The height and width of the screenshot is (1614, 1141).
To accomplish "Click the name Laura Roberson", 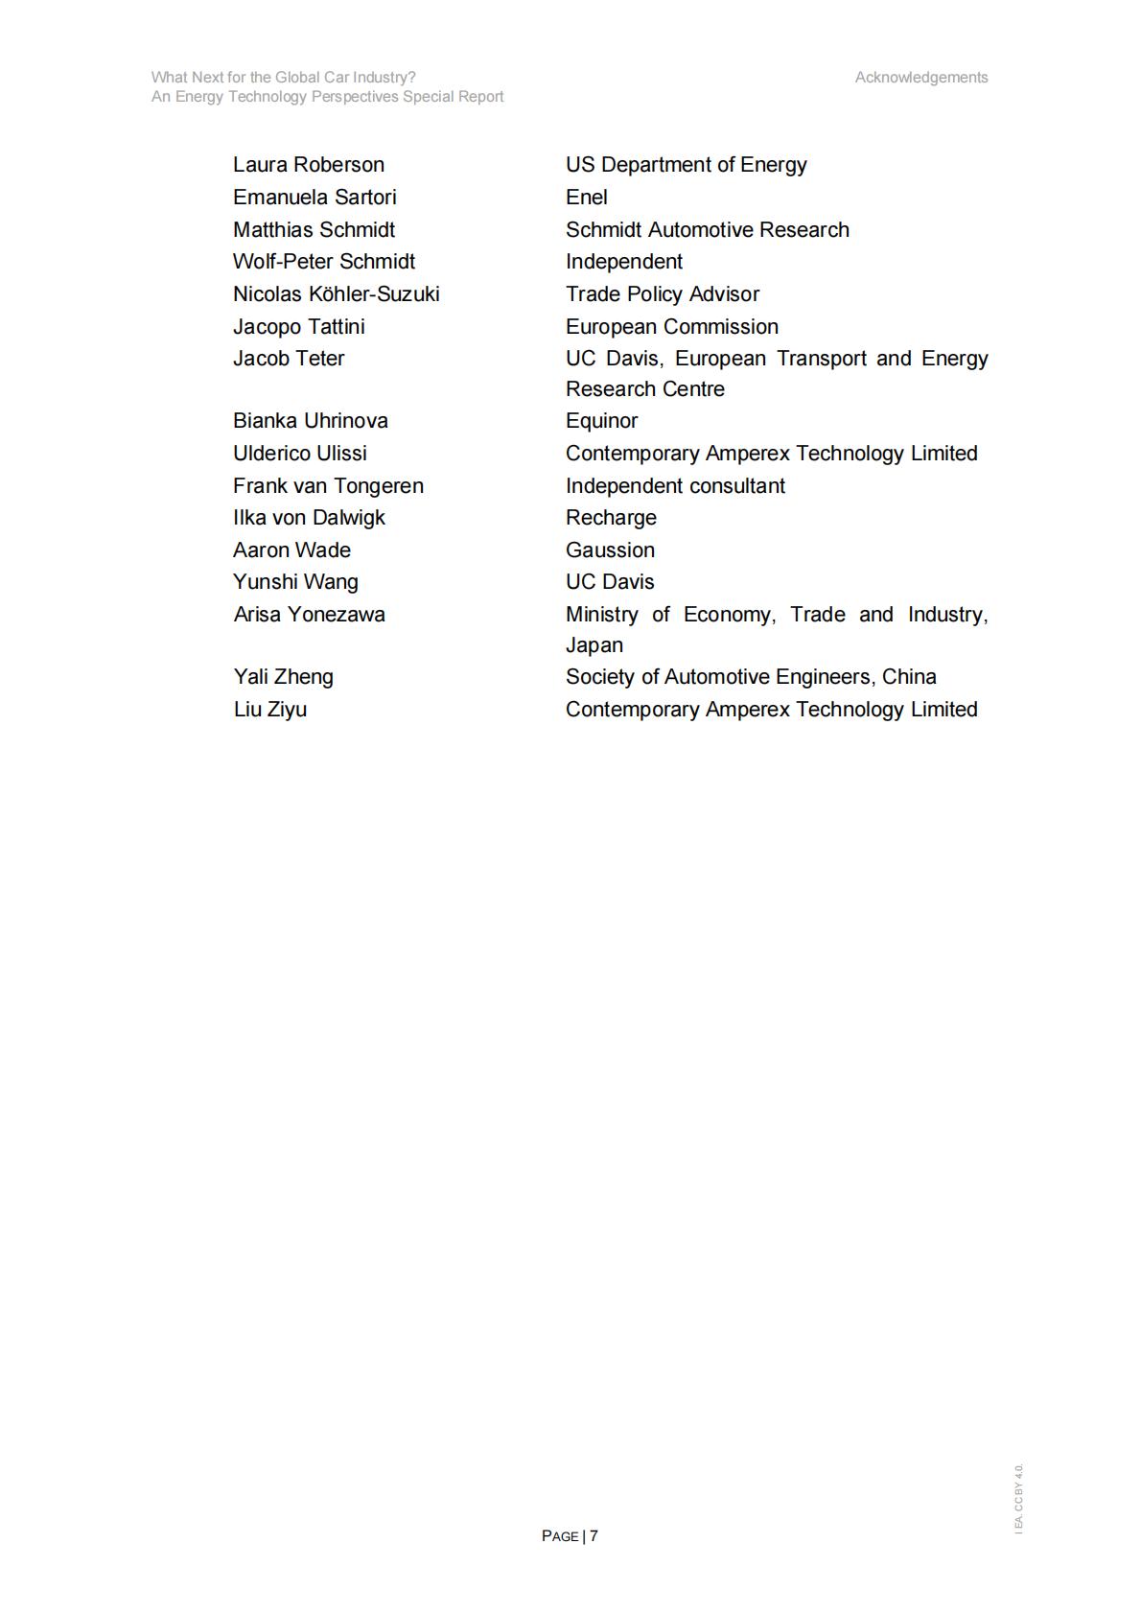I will pyautogui.click(x=308, y=165).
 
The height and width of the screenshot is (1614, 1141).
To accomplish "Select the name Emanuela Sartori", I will pyautogui.click(x=314, y=198).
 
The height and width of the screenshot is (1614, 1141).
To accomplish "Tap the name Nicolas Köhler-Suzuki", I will pyautogui.click(x=336, y=294).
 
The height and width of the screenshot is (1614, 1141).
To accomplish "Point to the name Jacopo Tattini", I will pyautogui.click(x=298, y=327).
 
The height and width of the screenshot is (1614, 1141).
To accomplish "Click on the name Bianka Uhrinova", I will pyautogui.click(x=310, y=421).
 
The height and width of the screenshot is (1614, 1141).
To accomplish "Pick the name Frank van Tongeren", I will pyautogui.click(x=328, y=486).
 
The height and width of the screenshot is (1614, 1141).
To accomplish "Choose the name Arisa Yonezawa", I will pyautogui.click(x=309, y=615).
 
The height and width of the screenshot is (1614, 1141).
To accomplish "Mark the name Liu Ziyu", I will pyautogui.click(x=269, y=710).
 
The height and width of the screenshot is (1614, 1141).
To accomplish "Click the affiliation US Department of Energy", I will pyautogui.click(x=686, y=165).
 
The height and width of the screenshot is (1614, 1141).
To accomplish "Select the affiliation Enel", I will pyautogui.click(x=586, y=198).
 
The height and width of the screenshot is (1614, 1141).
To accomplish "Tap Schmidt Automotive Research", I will pyautogui.click(x=707, y=230).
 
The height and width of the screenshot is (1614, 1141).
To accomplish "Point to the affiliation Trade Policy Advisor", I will pyautogui.click(x=662, y=294).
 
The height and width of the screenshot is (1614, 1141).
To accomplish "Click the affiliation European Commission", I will pyautogui.click(x=671, y=327).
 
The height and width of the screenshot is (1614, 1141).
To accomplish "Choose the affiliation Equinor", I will pyautogui.click(x=601, y=421).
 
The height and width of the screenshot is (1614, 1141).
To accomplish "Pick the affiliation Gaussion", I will pyautogui.click(x=610, y=550).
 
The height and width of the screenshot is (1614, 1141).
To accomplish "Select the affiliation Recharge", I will pyautogui.click(x=611, y=518).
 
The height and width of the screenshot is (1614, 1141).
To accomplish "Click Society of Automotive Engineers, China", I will pyautogui.click(x=750, y=677).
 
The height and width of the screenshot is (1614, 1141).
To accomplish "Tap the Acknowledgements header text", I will pyautogui.click(x=920, y=78).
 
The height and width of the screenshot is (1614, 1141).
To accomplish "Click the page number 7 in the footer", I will pyautogui.click(x=594, y=1535).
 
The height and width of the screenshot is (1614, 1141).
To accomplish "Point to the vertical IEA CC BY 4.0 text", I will pyautogui.click(x=1018, y=1497).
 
